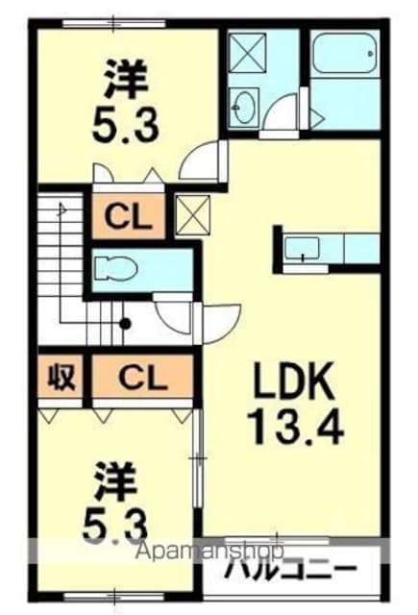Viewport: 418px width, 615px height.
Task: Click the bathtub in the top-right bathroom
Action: (345, 54)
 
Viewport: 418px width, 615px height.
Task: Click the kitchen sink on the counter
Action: (302, 248)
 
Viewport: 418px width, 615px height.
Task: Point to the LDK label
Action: (294, 381)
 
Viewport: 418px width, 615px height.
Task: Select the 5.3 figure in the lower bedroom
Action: (114, 523)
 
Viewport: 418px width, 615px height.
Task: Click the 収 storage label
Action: (61, 378)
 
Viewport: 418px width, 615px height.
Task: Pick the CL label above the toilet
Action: (128, 217)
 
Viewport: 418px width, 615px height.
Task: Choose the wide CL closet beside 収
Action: (143, 378)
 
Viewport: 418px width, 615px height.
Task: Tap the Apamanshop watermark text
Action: (209, 551)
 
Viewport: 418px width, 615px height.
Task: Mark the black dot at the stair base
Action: (125, 324)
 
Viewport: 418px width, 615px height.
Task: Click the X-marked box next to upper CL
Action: (192, 215)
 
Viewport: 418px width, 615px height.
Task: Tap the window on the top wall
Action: (112, 23)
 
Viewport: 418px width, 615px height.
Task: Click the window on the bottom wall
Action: (113, 597)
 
